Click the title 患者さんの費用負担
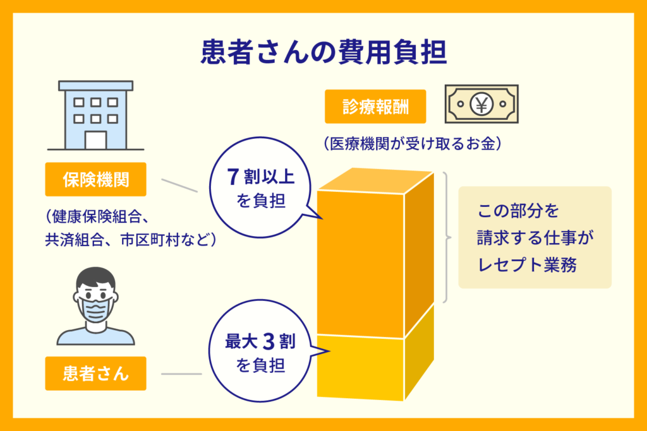pos(324,52)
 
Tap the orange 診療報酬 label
pos(375,107)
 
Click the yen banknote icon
pos(481,104)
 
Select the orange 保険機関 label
pos(96,179)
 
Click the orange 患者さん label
pos(96,374)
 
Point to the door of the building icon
pos(96,140)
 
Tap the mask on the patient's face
pos(96,309)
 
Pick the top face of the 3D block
pos(376,180)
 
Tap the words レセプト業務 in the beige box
pos(527,264)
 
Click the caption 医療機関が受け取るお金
pos(412,144)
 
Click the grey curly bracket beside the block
pos(447,238)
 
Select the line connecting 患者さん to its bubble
pos(181,374)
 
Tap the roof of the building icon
pos(96,86)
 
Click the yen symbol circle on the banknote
pos(481,104)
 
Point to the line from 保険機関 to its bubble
pos(179,186)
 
